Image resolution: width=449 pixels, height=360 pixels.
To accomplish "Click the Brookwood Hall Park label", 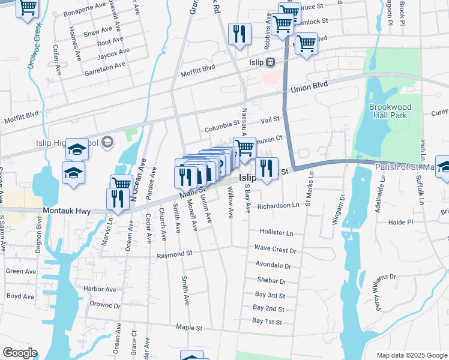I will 390,111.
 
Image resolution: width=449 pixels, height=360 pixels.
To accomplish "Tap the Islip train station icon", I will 271,61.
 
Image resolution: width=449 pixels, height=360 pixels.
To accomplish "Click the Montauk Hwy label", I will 65,211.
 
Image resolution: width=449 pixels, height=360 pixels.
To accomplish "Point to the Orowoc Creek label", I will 34,46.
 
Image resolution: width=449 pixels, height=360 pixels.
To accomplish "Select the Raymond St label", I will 174,254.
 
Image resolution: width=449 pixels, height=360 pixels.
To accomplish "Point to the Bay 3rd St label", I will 269,295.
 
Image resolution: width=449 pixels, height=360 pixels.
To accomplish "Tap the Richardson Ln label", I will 278,205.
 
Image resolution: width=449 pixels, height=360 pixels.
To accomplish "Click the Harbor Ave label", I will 100,289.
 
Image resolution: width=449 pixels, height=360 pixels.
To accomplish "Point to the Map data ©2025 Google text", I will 412,355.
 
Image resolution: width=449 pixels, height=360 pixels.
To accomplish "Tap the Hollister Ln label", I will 276,232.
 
